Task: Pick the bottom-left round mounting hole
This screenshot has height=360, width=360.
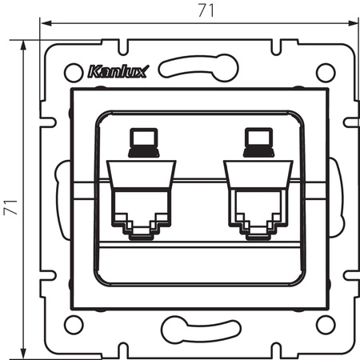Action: (x=71, y=326)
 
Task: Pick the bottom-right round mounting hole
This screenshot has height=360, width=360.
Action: (x=324, y=326)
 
